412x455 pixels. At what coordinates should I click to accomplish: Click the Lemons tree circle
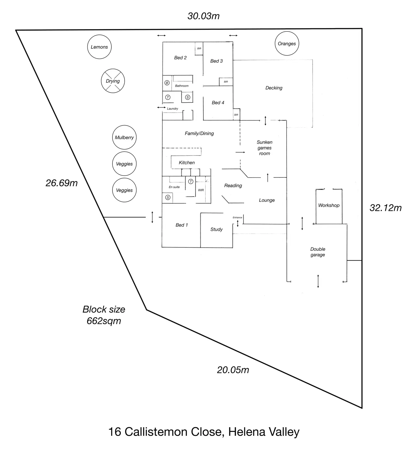pos(99,47)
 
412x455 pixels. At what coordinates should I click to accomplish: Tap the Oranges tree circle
pos(287,43)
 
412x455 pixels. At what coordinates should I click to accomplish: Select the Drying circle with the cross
pos(113,81)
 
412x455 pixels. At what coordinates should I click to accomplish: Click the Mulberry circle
pos(124,137)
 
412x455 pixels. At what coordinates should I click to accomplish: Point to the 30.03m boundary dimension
pos(203,16)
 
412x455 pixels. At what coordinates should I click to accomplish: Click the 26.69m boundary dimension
pos(62,183)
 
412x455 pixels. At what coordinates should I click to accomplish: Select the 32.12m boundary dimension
pos(385,208)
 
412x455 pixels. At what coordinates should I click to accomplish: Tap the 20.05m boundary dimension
pos(233,370)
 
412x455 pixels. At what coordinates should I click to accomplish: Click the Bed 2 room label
pos(180,58)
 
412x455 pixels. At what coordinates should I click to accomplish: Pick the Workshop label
pos(329,205)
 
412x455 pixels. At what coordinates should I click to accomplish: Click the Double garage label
pos(318,252)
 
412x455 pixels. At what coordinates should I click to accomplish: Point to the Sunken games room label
pos(264,148)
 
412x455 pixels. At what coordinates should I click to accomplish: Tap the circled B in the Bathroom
pos(167,83)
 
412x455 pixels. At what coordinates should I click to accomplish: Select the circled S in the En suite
pos(168,198)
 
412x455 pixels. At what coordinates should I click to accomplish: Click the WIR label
pos(201,190)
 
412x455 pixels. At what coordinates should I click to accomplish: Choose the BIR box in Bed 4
pos(236,115)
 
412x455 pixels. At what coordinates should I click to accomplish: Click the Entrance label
pos(237,217)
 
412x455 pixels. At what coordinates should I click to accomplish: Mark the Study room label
pos(216,229)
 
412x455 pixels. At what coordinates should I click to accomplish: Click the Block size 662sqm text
pos(104,315)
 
